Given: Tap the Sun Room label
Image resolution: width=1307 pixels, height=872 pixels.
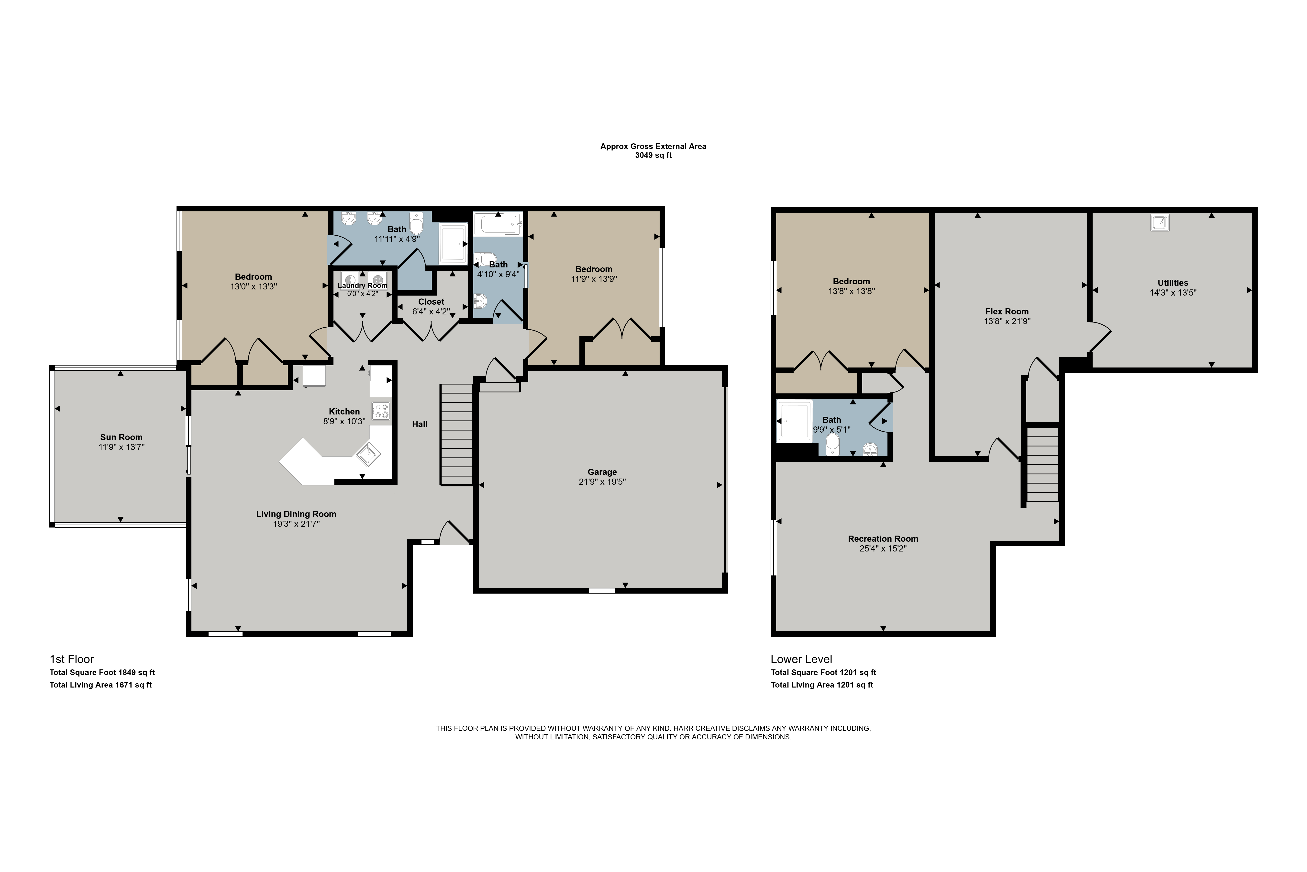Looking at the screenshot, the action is pyautogui.click(x=121, y=437).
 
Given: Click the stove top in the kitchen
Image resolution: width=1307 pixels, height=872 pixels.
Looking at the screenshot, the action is pyautogui.click(x=381, y=411).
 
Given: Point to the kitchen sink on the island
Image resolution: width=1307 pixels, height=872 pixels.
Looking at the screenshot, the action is pyautogui.click(x=368, y=454).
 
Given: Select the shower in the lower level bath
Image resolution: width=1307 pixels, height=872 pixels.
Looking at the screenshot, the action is pyautogui.click(x=794, y=421).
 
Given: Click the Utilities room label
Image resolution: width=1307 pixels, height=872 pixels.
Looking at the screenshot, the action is pyautogui.click(x=1173, y=283).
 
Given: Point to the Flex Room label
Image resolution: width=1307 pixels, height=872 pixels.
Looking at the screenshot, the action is pyautogui.click(x=1007, y=311).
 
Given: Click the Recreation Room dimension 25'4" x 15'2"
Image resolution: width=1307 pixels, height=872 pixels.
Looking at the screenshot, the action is pyautogui.click(x=883, y=548).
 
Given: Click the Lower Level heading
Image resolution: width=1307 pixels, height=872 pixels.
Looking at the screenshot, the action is pyautogui.click(x=801, y=659).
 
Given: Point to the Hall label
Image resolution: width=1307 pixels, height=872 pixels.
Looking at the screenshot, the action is pyautogui.click(x=420, y=424).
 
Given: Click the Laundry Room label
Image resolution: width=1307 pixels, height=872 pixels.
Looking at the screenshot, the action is pyautogui.click(x=362, y=285).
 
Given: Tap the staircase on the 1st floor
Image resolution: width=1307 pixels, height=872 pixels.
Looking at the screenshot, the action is pyautogui.click(x=456, y=434).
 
